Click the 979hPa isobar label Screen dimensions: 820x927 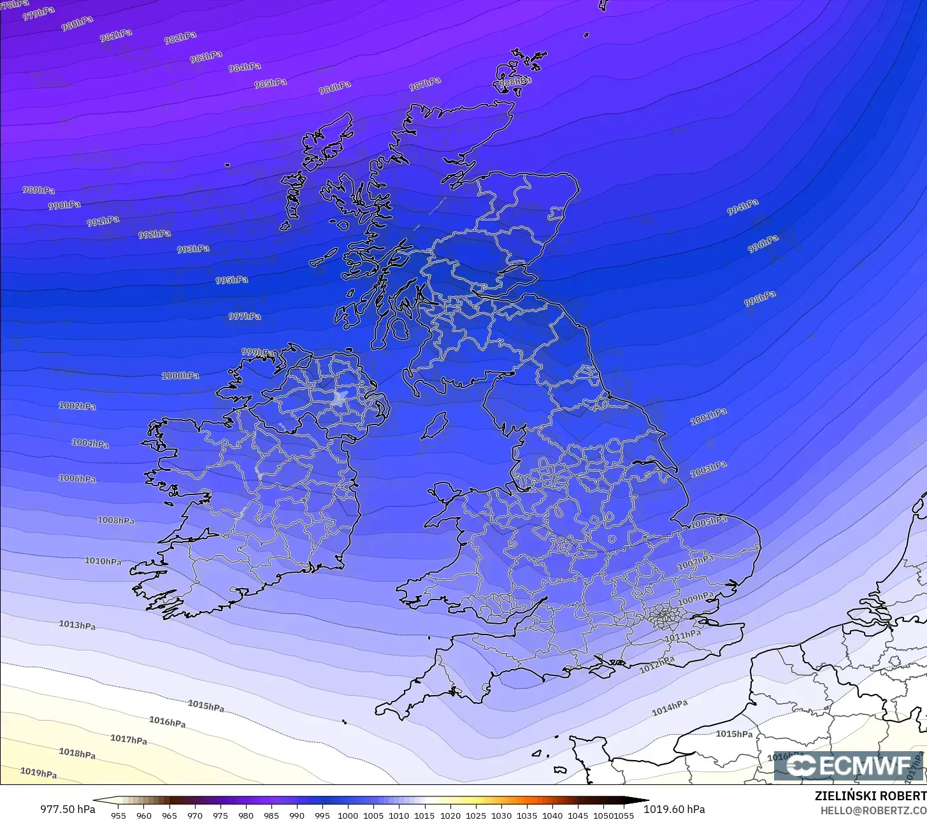(38, 13)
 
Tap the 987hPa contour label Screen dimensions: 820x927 (425, 83)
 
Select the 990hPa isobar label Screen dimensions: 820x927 (64, 205)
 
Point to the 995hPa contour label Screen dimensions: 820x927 (232, 280)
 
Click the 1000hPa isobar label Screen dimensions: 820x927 (180, 376)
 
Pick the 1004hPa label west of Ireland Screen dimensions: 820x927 (90, 443)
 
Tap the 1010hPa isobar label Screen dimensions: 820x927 (103, 561)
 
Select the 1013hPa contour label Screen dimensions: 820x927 (77, 625)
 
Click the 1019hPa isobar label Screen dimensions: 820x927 (38, 773)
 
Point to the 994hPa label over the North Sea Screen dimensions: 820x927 (743, 207)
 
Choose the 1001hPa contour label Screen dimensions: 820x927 (708, 417)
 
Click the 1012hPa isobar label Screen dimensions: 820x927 (657, 665)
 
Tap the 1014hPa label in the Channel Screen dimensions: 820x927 (670, 708)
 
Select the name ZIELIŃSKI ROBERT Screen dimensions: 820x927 (870, 796)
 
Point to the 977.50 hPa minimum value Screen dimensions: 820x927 (68, 809)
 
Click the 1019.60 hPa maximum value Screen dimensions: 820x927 (674, 809)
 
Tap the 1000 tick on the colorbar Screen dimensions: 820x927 (348, 815)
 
